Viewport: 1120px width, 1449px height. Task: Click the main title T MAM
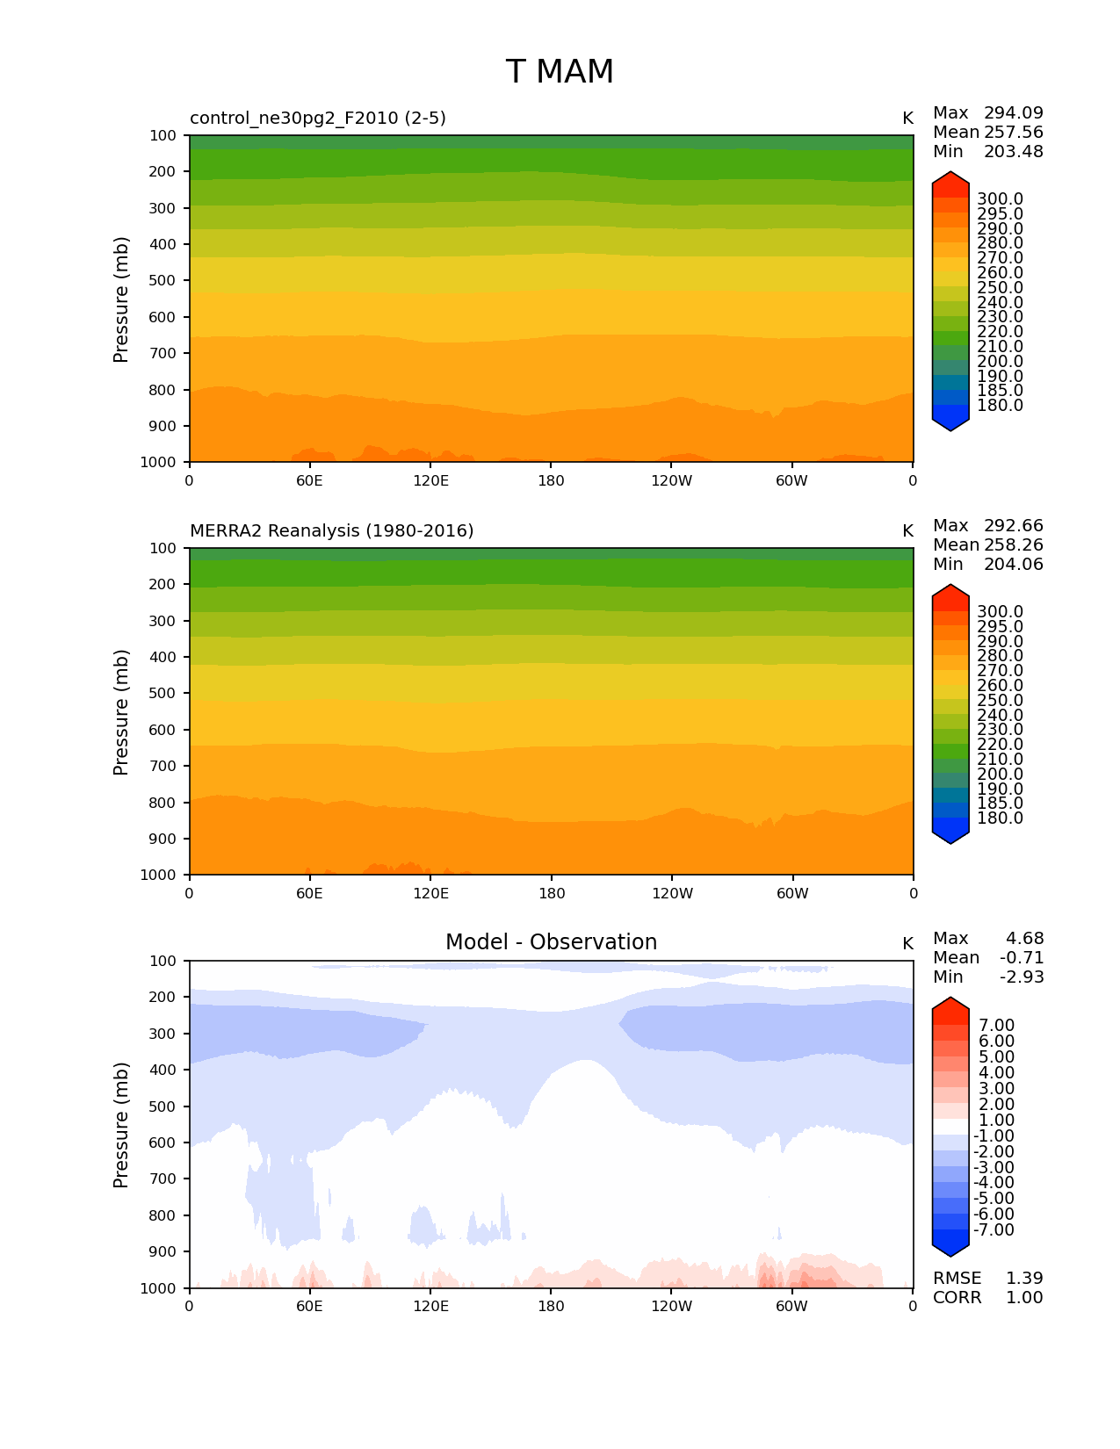(x=560, y=72)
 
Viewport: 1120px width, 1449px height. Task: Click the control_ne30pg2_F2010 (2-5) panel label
(x=318, y=118)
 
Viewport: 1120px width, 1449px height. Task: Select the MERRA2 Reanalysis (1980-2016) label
(x=332, y=530)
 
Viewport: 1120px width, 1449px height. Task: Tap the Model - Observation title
(x=551, y=942)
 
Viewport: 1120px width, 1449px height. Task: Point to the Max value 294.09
(x=1014, y=113)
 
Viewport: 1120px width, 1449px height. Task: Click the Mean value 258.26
(x=1014, y=545)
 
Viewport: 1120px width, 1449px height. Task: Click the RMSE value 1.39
(x=1024, y=1279)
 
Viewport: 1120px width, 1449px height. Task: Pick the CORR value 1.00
(x=1024, y=1298)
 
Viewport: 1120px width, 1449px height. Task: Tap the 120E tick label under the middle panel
(x=430, y=894)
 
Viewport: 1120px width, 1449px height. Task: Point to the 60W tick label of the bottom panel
(x=791, y=1307)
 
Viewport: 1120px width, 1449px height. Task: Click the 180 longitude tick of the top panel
(x=551, y=481)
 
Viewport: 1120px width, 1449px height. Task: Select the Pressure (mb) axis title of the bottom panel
(x=121, y=1125)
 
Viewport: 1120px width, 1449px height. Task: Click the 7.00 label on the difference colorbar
(x=997, y=1026)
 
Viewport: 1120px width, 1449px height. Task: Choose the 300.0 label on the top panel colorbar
(x=1000, y=199)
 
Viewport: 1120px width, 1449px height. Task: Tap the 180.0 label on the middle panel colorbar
(x=1000, y=818)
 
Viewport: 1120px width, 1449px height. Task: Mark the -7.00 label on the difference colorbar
(x=994, y=1230)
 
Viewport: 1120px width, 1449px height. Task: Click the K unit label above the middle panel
(x=907, y=531)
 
